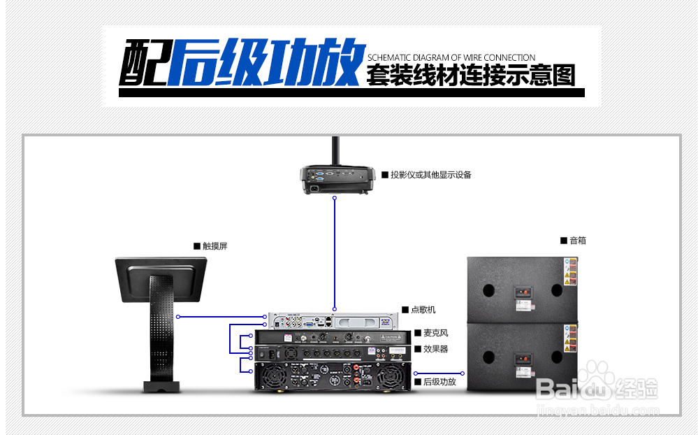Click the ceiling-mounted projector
337,179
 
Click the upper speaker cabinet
523,289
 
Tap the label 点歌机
423,310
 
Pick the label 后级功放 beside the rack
439,382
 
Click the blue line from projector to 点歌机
335,252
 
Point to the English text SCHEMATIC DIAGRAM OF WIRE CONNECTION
451,57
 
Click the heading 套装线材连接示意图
470,75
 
